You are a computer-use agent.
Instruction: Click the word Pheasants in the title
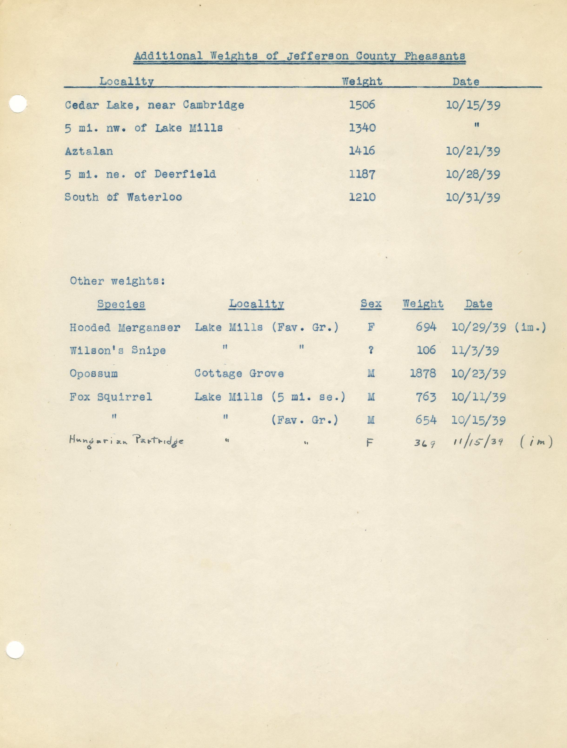coord(434,56)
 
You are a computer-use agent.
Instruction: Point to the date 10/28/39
coord(473,174)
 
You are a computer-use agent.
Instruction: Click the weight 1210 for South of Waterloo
coord(362,197)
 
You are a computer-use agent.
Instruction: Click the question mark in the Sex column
coord(371,351)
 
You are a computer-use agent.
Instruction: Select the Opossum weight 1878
coord(423,374)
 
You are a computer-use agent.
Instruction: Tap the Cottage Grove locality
coord(239,374)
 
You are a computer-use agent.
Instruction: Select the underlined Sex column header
coord(371,304)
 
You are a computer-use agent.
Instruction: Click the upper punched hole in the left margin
coord(18,103)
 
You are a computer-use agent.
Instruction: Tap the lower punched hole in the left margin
coord(15,650)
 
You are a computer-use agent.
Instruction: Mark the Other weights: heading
coord(117,281)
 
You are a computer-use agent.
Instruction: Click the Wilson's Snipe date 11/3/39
coord(475,351)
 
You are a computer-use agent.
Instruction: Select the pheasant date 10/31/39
coord(473,197)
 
